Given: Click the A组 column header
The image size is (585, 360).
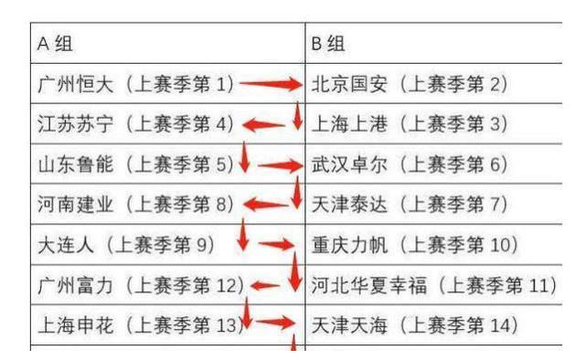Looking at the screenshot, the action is point(55,44).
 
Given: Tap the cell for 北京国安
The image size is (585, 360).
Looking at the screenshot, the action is point(409,85).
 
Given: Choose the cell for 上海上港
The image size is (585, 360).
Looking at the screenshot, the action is point(409,125).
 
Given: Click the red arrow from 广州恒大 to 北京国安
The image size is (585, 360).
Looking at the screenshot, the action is point(270,85).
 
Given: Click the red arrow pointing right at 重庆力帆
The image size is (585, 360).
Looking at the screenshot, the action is point(276,246).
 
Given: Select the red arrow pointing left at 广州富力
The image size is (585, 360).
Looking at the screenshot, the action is point(265,285).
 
